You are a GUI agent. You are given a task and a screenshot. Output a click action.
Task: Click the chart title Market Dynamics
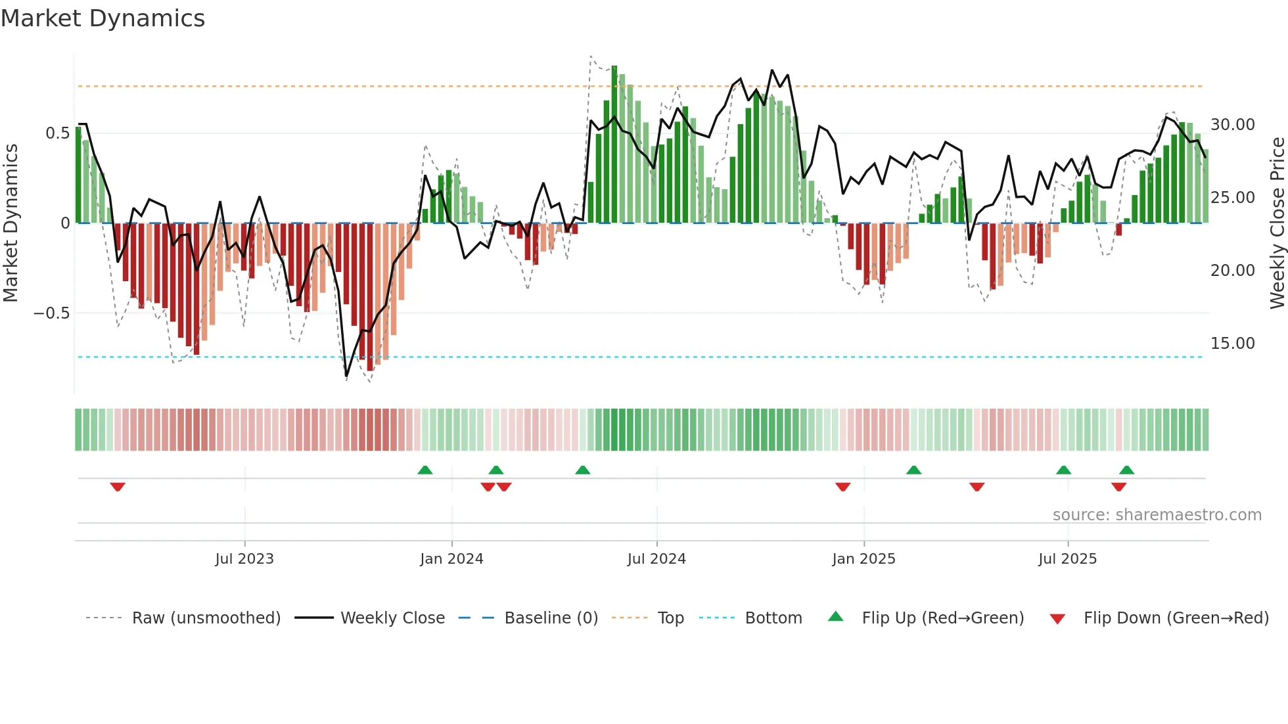tap(103, 18)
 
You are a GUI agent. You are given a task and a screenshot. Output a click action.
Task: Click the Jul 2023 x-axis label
tap(244, 558)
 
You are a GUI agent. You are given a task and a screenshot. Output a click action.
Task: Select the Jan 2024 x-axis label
tap(451, 558)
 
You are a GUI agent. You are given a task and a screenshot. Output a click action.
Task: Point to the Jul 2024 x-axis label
tap(656, 558)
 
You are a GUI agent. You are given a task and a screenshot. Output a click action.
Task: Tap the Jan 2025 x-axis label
tap(863, 558)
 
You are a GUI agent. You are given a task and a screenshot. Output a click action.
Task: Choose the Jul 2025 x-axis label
tap(1067, 558)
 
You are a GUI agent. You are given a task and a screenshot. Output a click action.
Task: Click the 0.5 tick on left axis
tap(57, 133)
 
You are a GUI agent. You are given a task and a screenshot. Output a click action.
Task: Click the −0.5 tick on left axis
tap(51, 313)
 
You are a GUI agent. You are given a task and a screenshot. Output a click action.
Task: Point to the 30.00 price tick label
tap(1232, 124)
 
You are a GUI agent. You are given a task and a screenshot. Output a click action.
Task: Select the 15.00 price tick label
tap(1232, 343)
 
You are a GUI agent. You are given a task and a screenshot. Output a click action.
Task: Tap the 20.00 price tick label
tap(1232, 270)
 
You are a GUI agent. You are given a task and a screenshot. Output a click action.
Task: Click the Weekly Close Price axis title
tap(1277, 223)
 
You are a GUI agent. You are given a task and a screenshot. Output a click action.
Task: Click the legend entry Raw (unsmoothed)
tap(206, 618)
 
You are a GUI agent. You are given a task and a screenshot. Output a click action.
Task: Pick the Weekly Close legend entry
tap(392, 618)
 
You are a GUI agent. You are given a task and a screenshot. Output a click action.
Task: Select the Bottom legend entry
tap(773, 618)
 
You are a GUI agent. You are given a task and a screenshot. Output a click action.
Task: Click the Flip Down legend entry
tap(1176, 618)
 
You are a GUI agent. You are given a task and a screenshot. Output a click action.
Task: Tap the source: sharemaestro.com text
tap(1157, 514)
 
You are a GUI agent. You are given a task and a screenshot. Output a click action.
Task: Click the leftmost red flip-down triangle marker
tap(118, 487)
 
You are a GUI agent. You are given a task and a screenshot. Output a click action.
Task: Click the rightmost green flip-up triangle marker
tap(1126, 470)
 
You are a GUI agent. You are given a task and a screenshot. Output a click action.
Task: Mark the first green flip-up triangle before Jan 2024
tap(425, 470)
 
